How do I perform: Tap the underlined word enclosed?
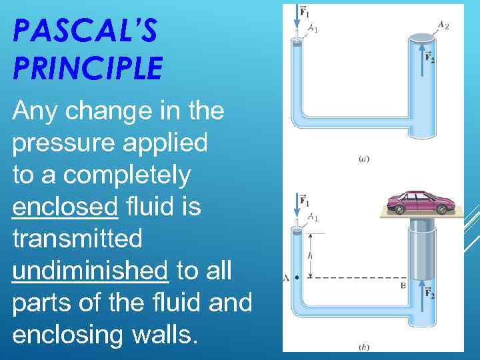click(x=65, y=207)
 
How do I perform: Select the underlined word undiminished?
click(x=90, y=271)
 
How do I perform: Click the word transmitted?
click(x=77, y=239)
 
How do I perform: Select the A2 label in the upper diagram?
click(x=443, y=25)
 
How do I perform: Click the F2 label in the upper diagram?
click(x=431, y=58)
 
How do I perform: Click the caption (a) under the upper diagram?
click(x=364, y=159)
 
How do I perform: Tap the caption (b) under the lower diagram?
click(x=364, y=347)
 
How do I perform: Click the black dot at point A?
click(x=295, y=277)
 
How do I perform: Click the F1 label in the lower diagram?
click(x=304, y=200)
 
